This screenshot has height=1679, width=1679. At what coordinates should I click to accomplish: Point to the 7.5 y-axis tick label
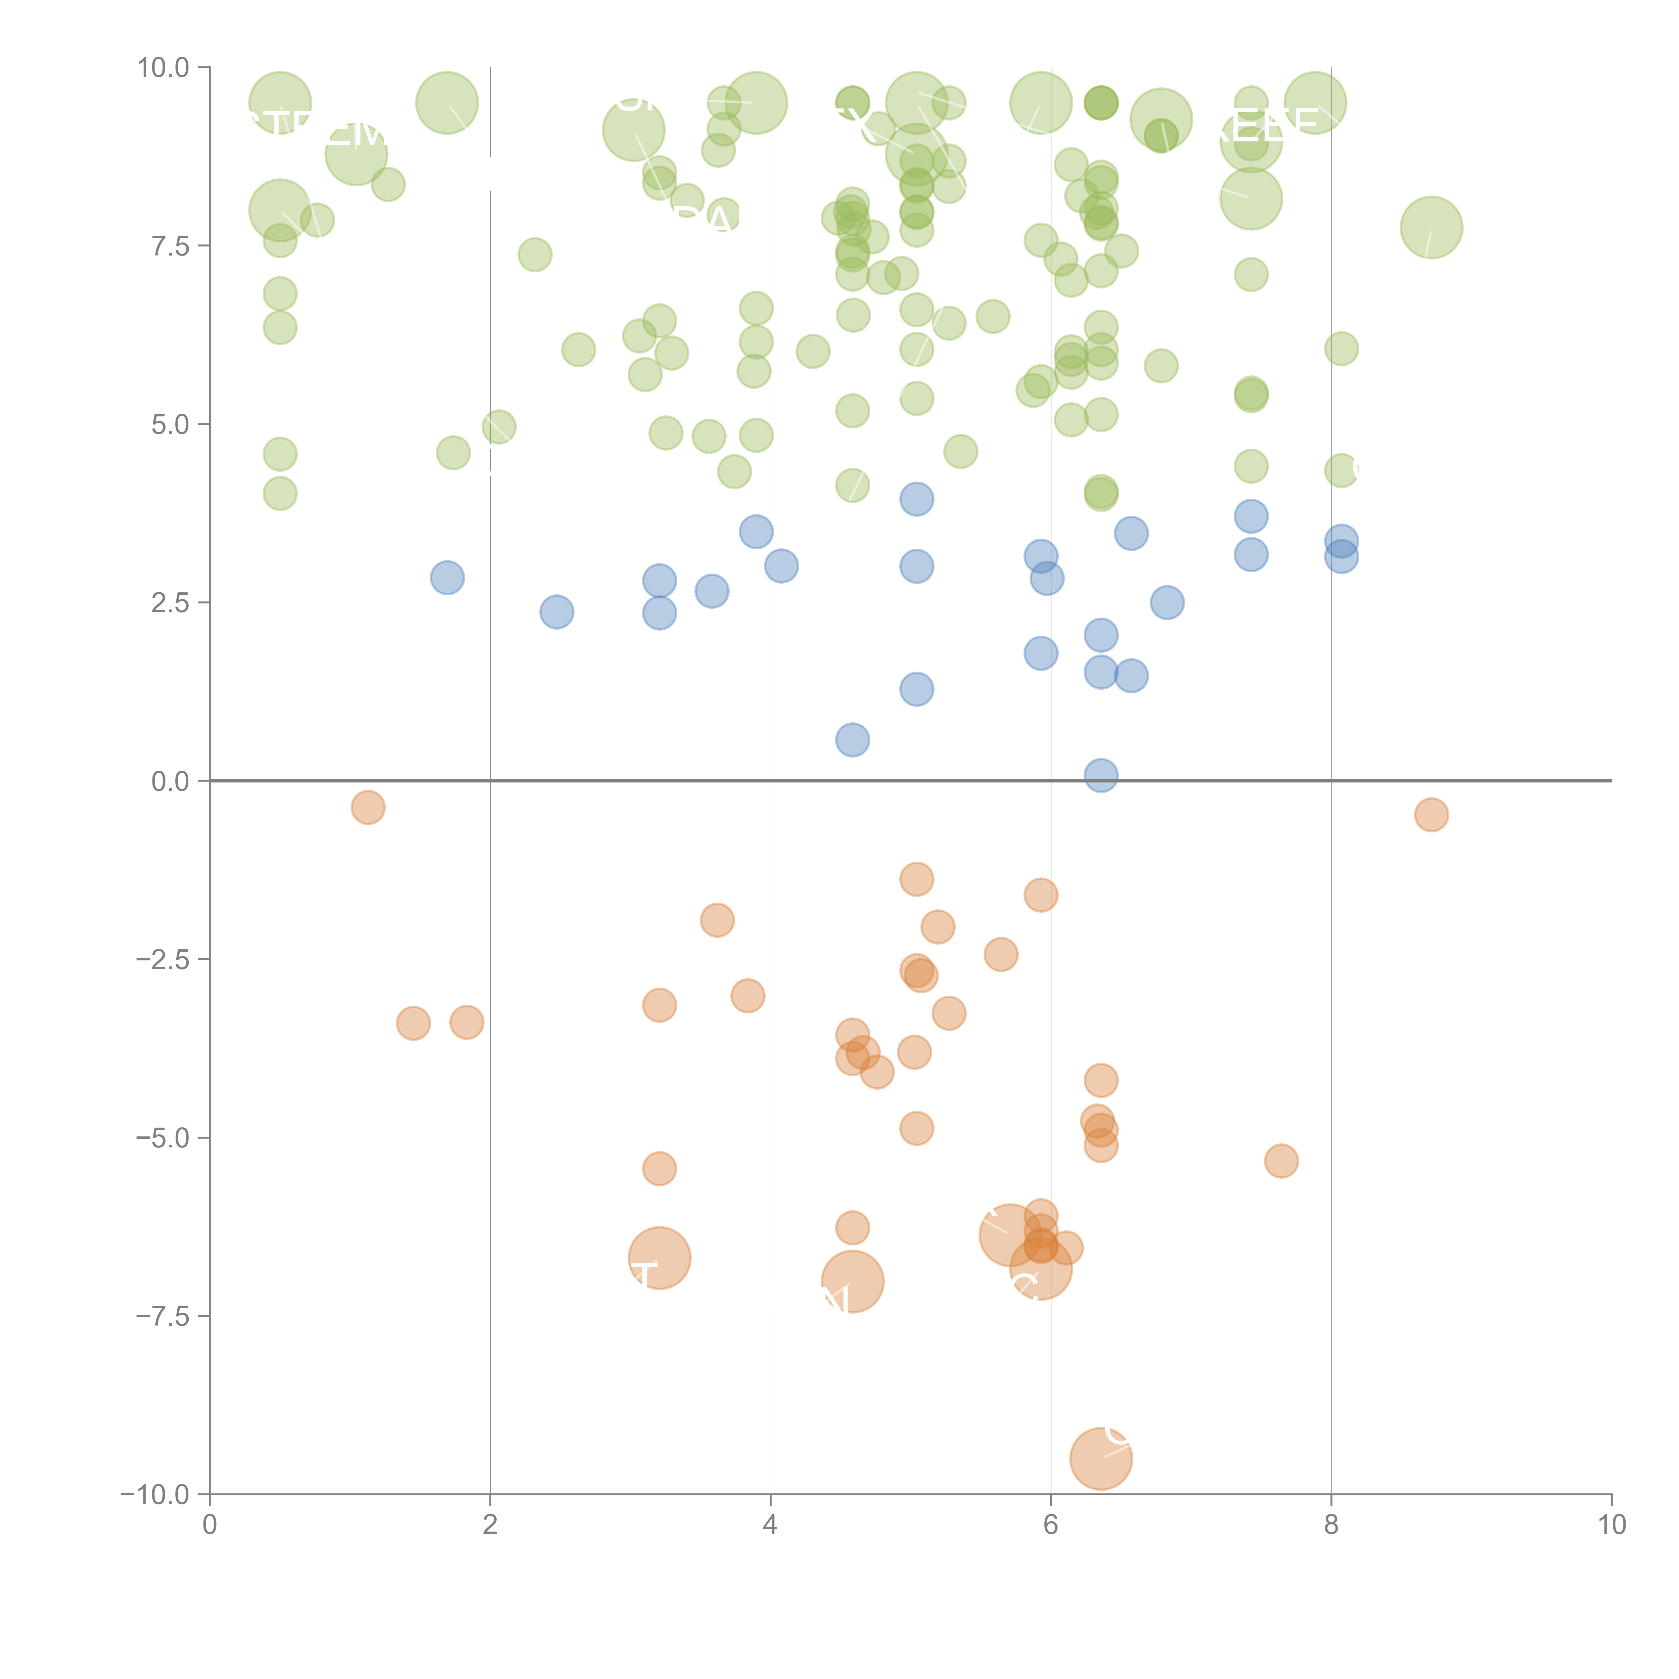[170, 246]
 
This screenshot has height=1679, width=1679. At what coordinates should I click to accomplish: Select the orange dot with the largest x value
[1431, 814]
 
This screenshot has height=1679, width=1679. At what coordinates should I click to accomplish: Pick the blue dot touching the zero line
[1100, 775]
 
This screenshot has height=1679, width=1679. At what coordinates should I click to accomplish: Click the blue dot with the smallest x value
[447, 577]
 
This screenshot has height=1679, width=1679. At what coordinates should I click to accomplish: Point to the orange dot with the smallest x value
[368, 807]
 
